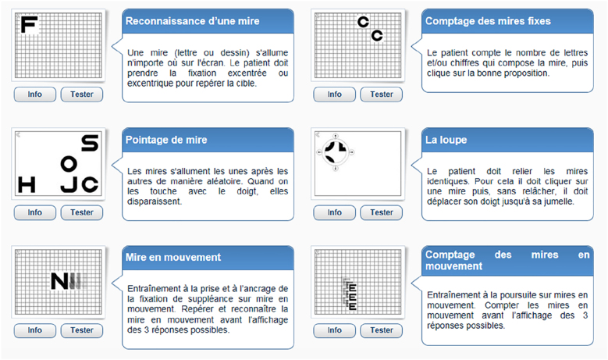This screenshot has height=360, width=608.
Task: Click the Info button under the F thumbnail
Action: pos(35,94)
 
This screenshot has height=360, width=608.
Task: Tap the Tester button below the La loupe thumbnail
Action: pos(381,212)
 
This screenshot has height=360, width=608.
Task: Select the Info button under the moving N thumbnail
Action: pos(35,330)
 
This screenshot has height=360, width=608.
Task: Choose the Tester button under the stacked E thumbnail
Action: pos(381,330)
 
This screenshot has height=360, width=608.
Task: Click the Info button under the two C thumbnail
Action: pos(334,94)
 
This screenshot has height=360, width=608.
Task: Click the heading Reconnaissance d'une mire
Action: pos(192,21)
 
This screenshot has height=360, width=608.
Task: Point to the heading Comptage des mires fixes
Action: pos(488,21)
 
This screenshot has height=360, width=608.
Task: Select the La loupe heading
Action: pos(446,140)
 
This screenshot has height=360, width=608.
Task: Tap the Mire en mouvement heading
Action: pos(173,257)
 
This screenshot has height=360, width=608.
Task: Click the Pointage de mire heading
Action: pos(166,140)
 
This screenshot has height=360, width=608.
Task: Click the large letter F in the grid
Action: pos(29,24)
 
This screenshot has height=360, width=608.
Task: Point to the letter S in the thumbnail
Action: pos(90,143)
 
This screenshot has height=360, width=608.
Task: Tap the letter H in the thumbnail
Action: pos(27,184)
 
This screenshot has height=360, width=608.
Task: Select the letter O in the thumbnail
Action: pos(69,164)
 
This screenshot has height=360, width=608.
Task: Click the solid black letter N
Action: pos(59,281)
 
